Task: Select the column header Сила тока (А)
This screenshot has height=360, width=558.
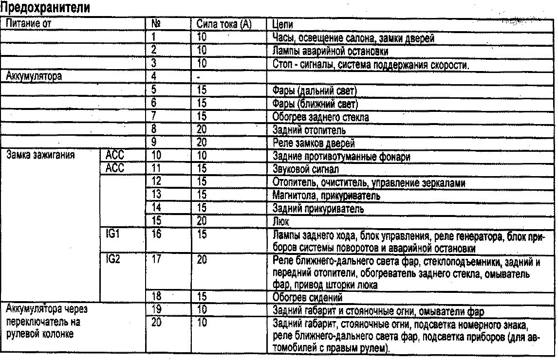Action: (223, 24)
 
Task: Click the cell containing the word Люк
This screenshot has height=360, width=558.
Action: (278, 222)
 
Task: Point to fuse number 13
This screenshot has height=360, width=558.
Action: (156, 196)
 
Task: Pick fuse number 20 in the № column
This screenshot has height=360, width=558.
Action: (156, 323)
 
